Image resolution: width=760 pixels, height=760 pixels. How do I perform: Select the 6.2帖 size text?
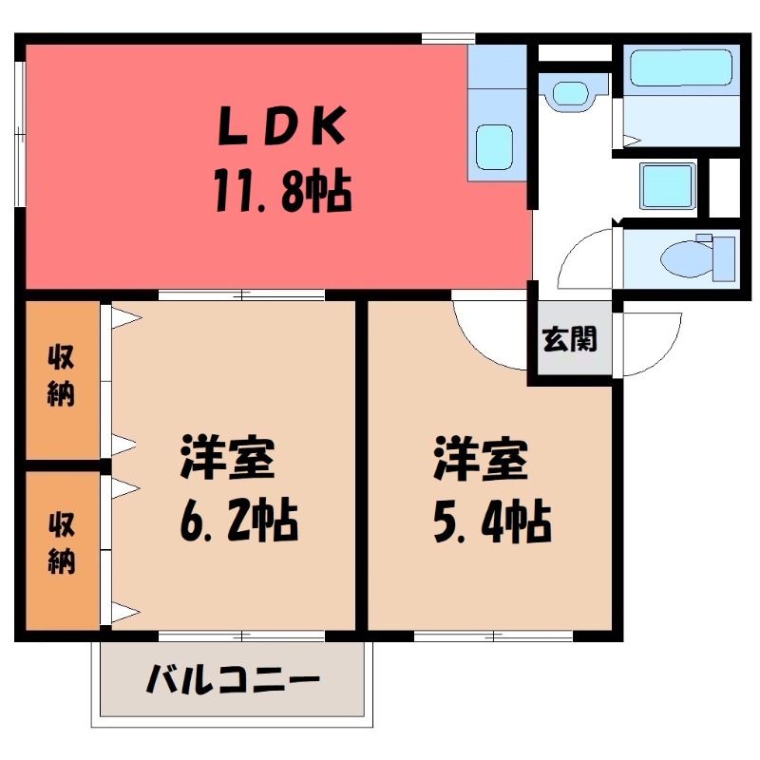(237, 520)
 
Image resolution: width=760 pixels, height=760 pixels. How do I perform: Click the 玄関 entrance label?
(570, 339)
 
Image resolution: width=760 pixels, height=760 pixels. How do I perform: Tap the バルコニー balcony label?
(233, 680)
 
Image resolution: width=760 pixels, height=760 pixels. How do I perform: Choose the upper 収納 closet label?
(62, 378)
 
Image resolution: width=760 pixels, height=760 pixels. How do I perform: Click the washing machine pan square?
(669, 185)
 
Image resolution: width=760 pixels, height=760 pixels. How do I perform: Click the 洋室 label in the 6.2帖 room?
(228, 459)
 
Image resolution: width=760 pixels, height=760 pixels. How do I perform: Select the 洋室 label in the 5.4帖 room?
(481, 459)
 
